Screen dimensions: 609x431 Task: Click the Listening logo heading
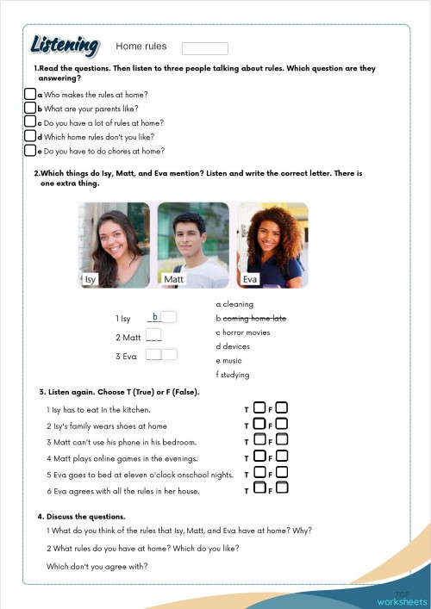click(x=65, y=45)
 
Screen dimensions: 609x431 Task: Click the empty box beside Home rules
click(x=205, y=48)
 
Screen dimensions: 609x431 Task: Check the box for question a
click(x=29, y=94)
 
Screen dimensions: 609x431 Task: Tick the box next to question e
click(x=29, y=151)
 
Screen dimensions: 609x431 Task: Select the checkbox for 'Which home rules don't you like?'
click(x=29, y=136)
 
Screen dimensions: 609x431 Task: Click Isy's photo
click(x=113, y=245)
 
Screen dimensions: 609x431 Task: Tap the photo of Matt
click(x=193, y=245)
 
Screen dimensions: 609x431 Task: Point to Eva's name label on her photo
click(x=251, y=279)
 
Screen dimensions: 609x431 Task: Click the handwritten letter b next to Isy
click(x=154, y=318)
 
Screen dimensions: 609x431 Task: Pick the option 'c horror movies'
click(x=243, y=332)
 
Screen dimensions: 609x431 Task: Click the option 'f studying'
click(x=233, y=375)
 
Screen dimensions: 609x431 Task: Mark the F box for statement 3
click(x=282, y=441)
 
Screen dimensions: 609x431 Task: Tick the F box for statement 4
click(x=282, y=457)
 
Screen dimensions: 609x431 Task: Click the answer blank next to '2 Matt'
click(x=153, y=337)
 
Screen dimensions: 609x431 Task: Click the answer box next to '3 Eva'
click(x=161, y=355)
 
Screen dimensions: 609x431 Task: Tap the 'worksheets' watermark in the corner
click(x=402, y=600)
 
